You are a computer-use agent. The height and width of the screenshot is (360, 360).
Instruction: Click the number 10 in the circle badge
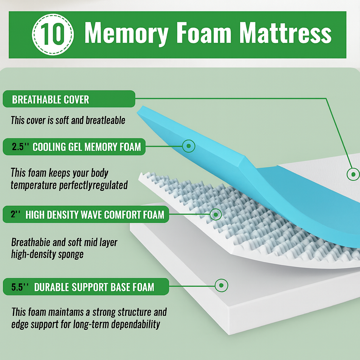coord(53,34)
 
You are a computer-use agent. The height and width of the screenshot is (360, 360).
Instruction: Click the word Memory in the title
coord(127,33)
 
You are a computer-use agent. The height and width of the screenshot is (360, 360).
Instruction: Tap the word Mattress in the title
coord(285,32)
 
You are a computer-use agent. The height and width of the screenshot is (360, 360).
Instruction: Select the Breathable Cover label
coord(51,99)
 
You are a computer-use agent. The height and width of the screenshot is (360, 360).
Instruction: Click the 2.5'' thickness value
coord(20,147)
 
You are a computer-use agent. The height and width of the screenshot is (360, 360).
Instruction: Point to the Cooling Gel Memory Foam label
coord(87,147)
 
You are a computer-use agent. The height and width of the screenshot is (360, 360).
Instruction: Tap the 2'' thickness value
coord(15,214)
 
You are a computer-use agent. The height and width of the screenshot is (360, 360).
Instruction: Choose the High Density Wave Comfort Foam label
coord(95,215)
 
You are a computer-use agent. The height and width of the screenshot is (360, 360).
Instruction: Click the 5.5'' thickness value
coord(20,287)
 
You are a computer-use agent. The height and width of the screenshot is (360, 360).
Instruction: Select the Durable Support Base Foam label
coord(94,287)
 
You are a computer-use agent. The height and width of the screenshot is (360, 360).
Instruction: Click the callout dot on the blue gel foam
coord(189,146)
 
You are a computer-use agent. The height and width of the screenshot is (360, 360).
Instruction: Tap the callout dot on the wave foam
coord(216,214)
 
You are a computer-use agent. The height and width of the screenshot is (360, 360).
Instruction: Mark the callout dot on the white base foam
coord(221,285)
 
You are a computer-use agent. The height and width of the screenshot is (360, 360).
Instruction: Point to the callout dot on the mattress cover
coord(353,174)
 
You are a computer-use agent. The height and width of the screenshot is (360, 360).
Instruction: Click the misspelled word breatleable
coord(105,120)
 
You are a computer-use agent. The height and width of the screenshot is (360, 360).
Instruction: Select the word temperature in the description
coord(33,185)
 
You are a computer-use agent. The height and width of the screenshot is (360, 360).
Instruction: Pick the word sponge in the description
coord(71,255)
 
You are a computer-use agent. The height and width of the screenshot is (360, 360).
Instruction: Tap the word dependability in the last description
coord(135,324)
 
